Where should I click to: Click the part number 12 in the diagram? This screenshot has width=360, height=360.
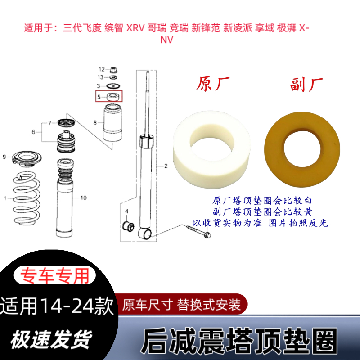pyautogui.click(x=101, y=69)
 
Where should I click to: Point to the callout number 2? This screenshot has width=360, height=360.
pyautogui.click(x=165, y=166)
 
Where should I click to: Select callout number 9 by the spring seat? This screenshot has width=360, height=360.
pyautogui.click(x=4, y=157)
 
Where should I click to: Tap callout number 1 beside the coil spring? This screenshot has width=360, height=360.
pyautogui.click(x=5, y=198)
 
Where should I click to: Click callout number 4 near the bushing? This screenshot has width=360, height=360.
pyautogui.click(x=127, y=211)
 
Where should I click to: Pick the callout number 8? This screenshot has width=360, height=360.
pyautogui.click(x=95, y=122)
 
